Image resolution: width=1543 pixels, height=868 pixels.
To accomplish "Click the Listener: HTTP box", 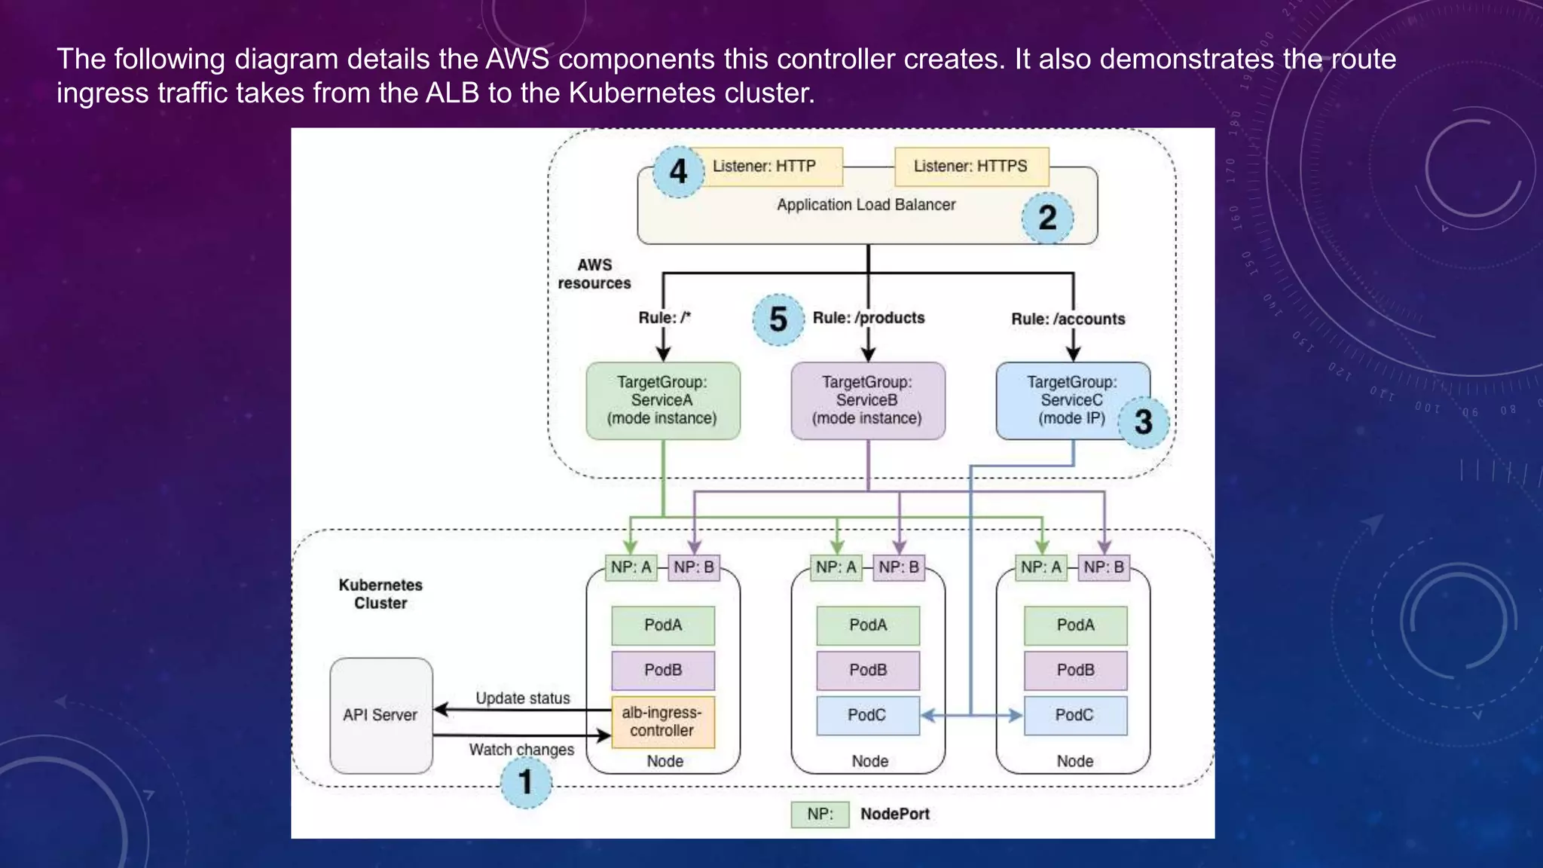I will coord(765,167).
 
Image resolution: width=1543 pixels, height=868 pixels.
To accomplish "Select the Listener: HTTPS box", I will coord(970,167).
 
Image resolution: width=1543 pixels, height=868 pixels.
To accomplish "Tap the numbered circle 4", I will coord(678,172).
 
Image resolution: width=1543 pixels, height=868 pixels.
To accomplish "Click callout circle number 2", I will coord(1047,219).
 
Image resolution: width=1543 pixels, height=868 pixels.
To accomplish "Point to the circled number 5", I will coord(778,319).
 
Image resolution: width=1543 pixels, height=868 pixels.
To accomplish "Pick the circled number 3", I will coord(1143,422).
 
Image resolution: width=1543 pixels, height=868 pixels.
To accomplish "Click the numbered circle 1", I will coord(526,782).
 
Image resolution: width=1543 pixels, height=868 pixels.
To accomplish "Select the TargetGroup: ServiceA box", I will coord(662,400).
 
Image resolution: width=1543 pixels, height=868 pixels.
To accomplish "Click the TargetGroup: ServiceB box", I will coord(867,400).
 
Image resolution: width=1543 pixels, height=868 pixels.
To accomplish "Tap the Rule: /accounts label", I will coord(1068,319).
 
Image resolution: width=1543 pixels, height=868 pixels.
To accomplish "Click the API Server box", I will coord(380,715).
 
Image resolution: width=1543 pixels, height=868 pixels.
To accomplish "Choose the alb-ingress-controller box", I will coord(662,722).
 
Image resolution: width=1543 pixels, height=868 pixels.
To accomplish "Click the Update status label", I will coord(523,698).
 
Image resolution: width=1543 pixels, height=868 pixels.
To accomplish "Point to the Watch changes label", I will coord(521,750).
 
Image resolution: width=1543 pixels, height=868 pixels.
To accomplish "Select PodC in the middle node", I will coord(867,715).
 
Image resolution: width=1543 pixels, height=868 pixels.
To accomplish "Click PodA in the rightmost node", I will coord(1075,625).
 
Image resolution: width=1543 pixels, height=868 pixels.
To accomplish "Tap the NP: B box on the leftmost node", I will coord(694,567).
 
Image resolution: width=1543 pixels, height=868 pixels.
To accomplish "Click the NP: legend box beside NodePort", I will coord(820,815).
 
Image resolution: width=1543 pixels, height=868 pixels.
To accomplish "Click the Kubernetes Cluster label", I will coord(380,594).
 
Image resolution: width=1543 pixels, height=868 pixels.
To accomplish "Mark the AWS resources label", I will coord(594,274).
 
